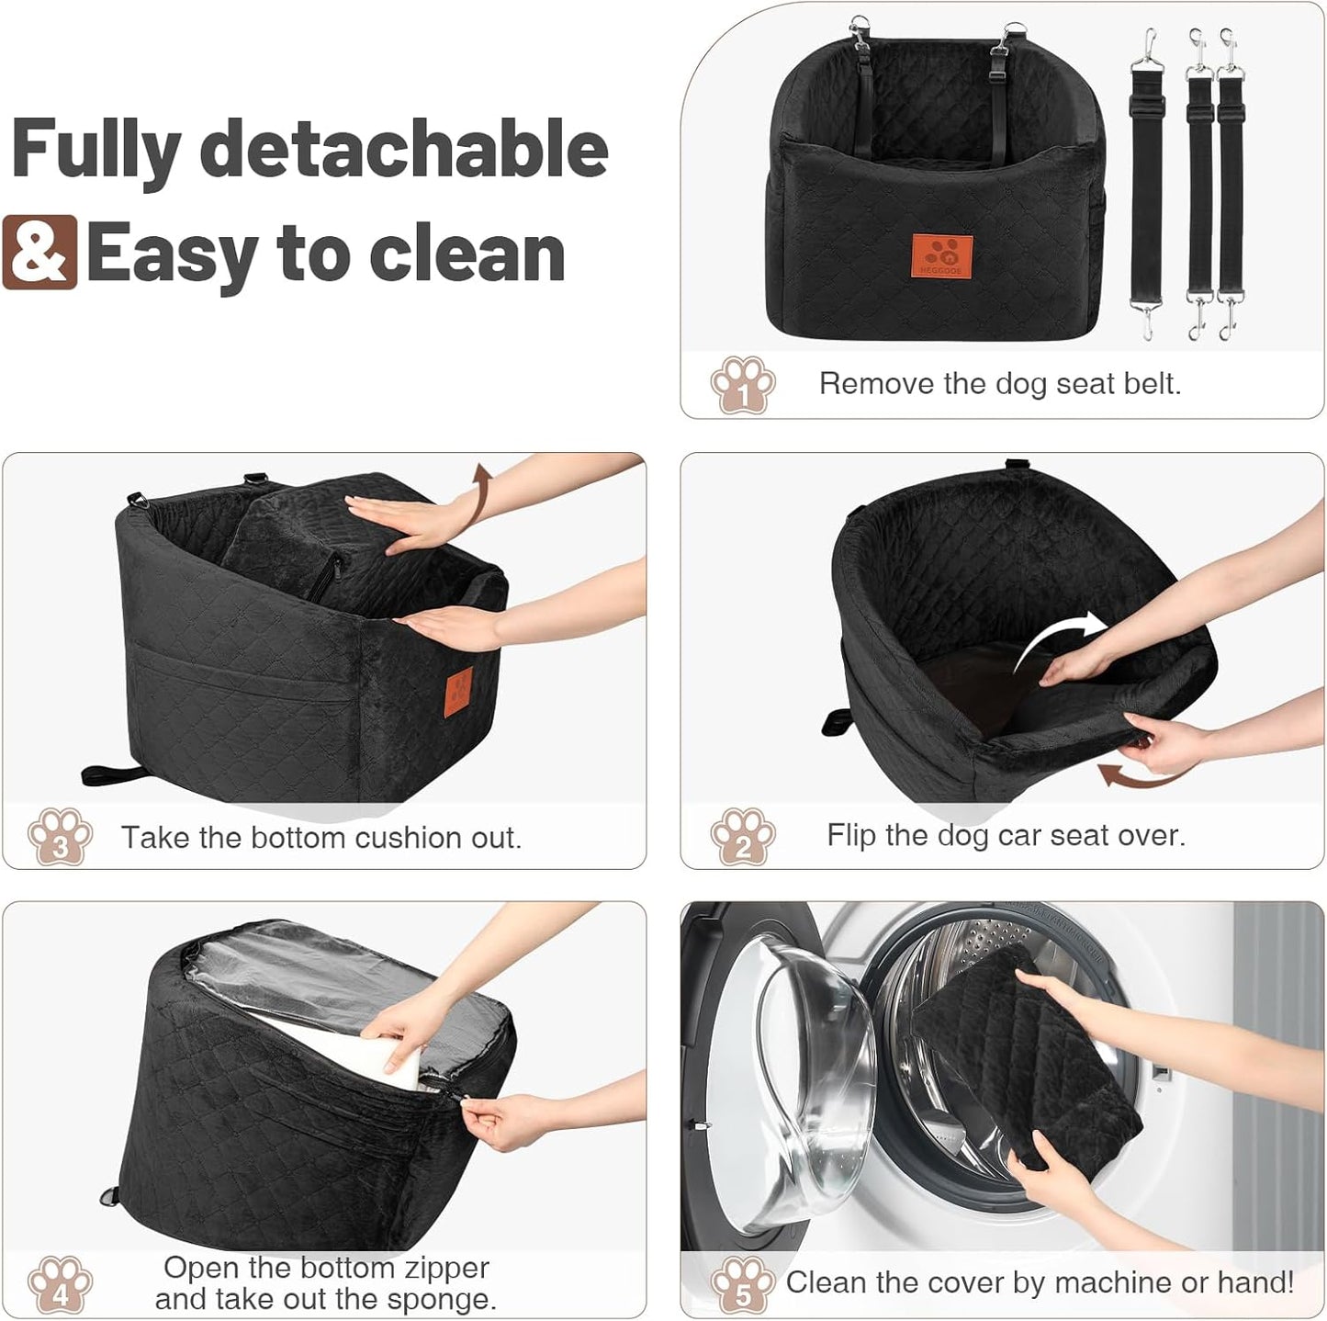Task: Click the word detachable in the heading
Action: tap(404, 150)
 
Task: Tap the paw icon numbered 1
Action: tap(742, 385)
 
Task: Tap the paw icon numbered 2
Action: tap(742, 836)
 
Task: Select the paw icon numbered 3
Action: tap(60, 836)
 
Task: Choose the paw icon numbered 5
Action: tap(742, 1284)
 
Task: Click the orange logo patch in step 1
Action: tap(941, 254)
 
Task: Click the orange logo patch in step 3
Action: tap(459, 688)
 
